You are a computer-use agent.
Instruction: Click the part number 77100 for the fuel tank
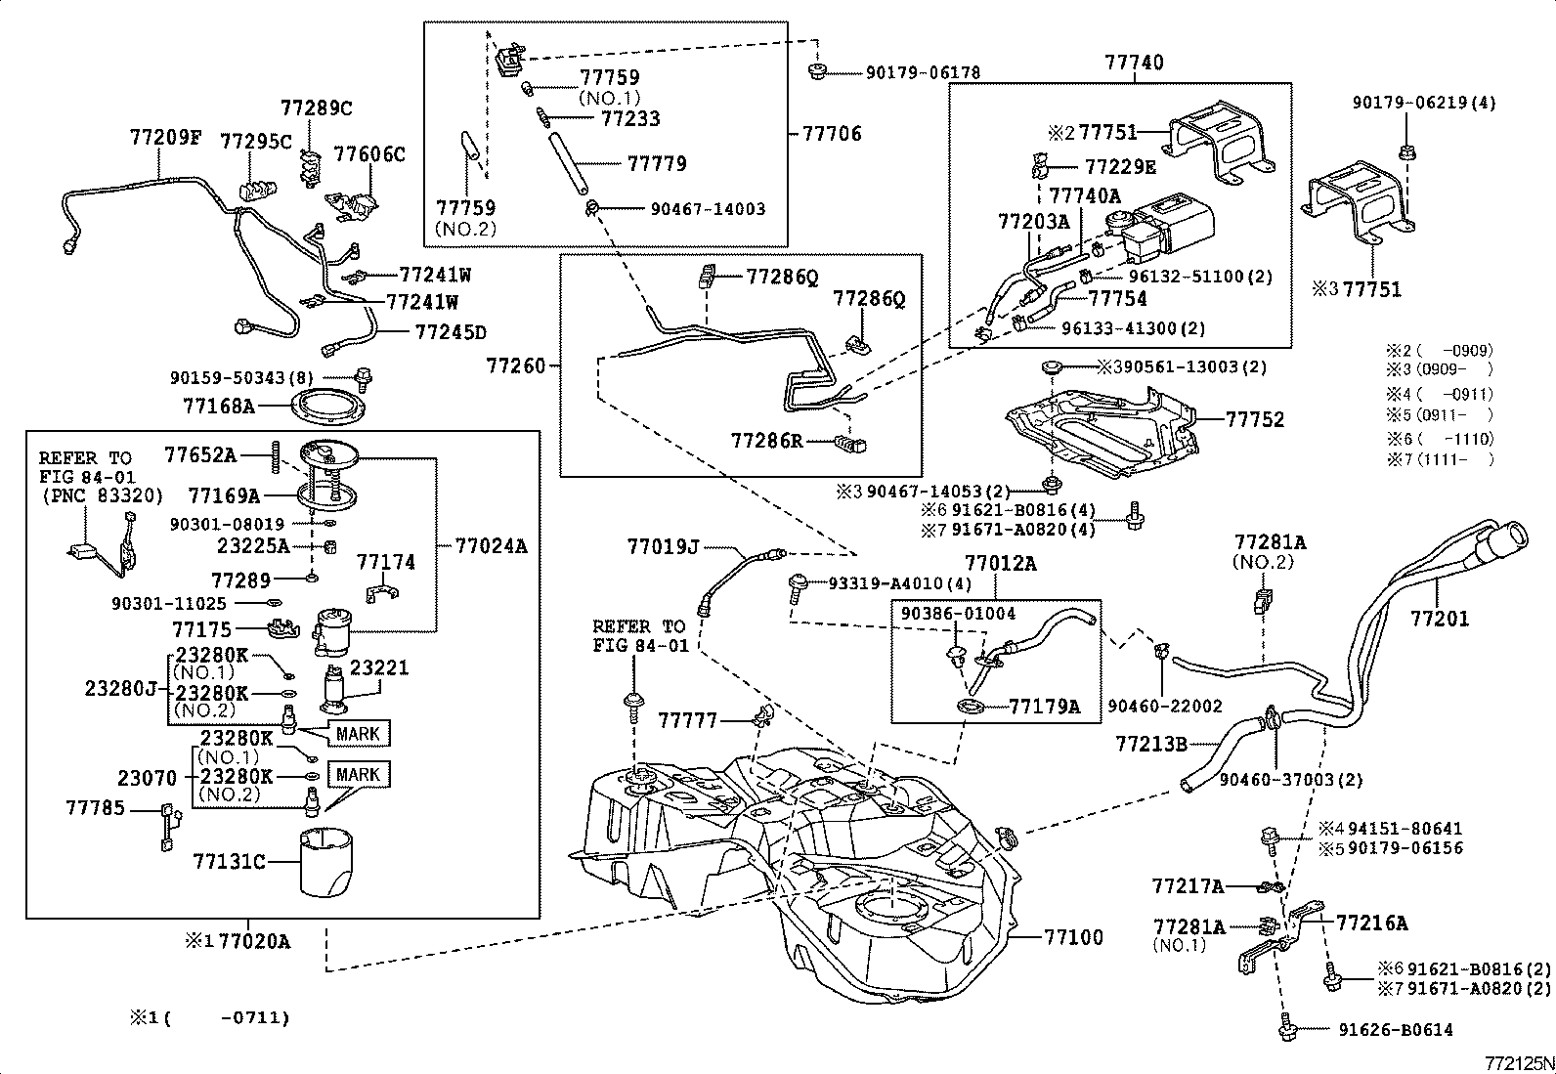click(x=1073, y=937)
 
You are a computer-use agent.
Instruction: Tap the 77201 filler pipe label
click(x=1439, y=619)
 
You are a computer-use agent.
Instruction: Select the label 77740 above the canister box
click(x=1134, y=63)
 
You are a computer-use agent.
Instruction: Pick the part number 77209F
click(x=165, y=138)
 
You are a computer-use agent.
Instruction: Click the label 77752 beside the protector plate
click(x=1255, y=419)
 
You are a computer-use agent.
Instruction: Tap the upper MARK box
click(x=358, y=732)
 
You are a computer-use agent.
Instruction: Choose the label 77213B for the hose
click(x=1150, y=745)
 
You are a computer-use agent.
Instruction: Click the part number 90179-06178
click(x=923, y=72)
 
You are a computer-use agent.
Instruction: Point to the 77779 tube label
click(x=657, y=163)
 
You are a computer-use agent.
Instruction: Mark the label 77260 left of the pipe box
click(x=516, y=366)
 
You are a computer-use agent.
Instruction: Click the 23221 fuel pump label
click(x=379, y=668)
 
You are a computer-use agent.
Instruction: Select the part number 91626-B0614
click(x=1396, y=1029)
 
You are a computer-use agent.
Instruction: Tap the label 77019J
click(x=663, y=548)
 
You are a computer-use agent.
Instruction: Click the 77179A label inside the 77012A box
click(x=1044, y=706)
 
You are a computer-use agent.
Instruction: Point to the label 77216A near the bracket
click(x=1371, y=923)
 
